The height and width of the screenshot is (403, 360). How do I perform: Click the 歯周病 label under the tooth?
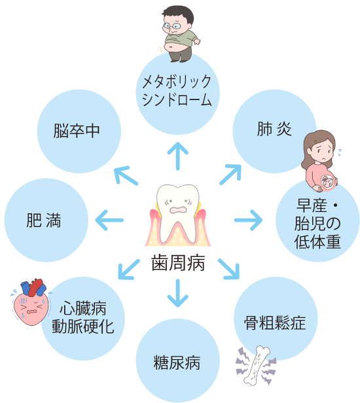pyautogui.click(x=178, y=263)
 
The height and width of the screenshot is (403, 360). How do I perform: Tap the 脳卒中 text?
pyautogui.click(x=77, y=131)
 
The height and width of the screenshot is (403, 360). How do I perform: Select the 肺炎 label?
pyautogui.click(x=274, y=129)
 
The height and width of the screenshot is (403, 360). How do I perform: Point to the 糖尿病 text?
pyautogui.click(x=177, y=362)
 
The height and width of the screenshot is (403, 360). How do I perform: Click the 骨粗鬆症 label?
pyautogui.click(x=275, y=323)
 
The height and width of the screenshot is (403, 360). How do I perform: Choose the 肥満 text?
pyautogui.click(x=44, y=220)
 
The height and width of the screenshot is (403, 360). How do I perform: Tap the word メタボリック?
pyautogui.click(x=177, y=82)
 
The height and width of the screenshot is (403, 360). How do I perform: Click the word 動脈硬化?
pyautogui.click(x=82, y=326)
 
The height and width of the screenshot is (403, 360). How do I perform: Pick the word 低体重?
pyautogui.click(x=317, y=241)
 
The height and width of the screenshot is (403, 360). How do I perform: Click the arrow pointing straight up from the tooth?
pyautogui.click(x=177, y=156)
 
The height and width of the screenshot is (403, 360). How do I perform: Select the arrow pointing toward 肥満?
pyautogui.click(x=109, y=220)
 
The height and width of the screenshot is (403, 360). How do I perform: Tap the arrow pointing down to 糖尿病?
pyautogui.click(x=177, y=293)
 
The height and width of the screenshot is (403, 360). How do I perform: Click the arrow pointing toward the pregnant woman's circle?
pyautogui.click(x=248, y=220)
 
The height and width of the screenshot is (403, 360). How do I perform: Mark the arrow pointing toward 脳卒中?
pyautogui.click(x=126, y=175)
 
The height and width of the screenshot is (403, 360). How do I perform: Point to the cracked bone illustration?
pyautogui.click(x=256, y=366)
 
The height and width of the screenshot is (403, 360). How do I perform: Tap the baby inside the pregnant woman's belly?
pyautogui.click(x=327, y=183)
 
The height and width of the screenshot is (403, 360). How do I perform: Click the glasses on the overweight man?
pyautogui.click(x=172, y=26)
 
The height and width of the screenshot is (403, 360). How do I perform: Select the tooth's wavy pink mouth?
pyautogui.click(x=178, y=210)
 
